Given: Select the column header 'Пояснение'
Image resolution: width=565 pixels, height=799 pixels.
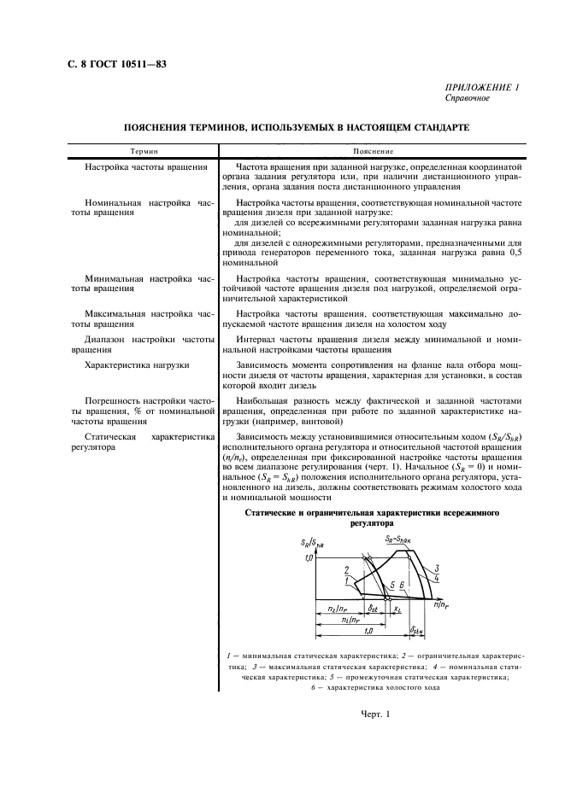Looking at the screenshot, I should (370, 149).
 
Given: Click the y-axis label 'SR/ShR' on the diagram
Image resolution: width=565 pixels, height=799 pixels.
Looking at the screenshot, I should (312, 543).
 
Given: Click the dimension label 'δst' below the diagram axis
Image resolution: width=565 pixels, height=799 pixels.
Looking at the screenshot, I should (373, 609).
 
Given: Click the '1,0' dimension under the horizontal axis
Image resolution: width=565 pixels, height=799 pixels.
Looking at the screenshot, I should (368, 633).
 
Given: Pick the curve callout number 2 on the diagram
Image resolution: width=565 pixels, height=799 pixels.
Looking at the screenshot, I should (345, 569).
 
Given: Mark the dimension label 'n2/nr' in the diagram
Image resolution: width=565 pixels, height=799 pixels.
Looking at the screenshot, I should (338, 609).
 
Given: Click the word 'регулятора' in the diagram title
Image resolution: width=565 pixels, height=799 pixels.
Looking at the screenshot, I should (371, 522).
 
